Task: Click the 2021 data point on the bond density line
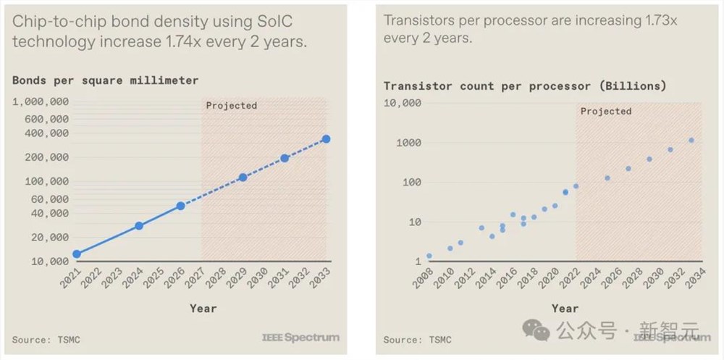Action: tap(77, 254)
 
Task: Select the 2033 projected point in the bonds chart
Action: tap(326, 139)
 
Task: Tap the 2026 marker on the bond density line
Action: tap(180, 206)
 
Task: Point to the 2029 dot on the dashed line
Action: tap(243, 177)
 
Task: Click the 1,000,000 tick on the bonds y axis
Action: tap(41, 101)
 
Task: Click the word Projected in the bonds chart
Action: tap(231, 106)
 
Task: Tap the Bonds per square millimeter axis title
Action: tap(105, 80)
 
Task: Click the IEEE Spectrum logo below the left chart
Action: tap(300, 338)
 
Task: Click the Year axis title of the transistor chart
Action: tap(565, 308)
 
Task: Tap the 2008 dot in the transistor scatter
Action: tap(429, 256)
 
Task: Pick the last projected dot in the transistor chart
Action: tap(691, 141)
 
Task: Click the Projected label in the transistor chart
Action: tap(606, 112)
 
